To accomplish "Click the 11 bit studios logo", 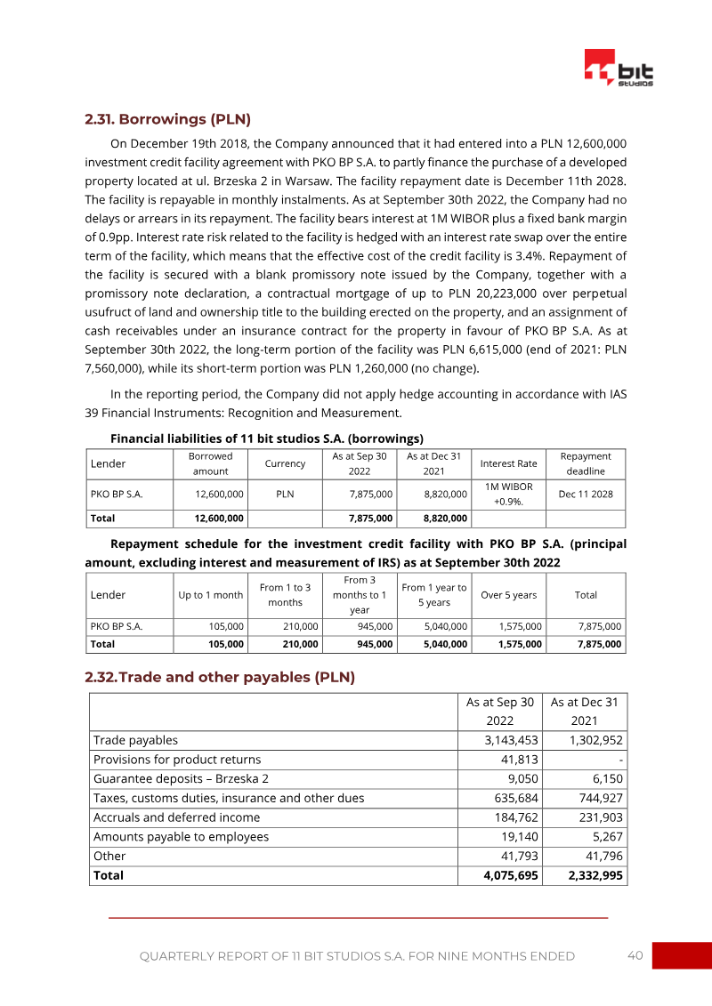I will point(619,68).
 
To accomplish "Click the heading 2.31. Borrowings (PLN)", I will point(167,118).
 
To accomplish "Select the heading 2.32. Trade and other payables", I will point(220,677).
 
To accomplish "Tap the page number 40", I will point(635,955).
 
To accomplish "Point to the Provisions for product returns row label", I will point(177,759).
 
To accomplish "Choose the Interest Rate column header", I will point(508,463).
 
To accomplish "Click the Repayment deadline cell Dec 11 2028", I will point(585,494).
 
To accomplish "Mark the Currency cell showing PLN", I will point(285,494).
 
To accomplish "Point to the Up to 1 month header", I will point(210,595).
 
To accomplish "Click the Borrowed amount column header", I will point(210,463).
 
